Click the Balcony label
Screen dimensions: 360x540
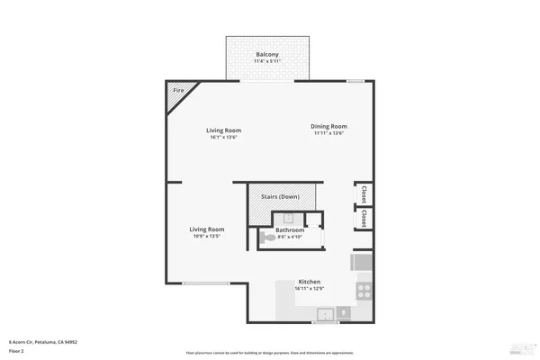tap(267, 55)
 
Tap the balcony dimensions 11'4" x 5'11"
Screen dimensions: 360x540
tap(267, 61)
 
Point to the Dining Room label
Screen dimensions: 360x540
tap(328, 126)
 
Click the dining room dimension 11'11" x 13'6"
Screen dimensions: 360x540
tap(328, 133)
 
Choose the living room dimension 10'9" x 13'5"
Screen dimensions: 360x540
tap(206, 236)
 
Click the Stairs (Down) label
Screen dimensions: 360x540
tap(280, 196)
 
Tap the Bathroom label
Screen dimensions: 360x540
tap(290, 229)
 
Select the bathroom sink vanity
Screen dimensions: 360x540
tap(290, 217)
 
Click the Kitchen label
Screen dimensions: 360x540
tap(310, 282)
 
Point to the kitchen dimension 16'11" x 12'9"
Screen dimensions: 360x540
tap(310, 289)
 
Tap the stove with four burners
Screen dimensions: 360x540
tap(364, 292)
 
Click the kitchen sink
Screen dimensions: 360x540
tap(325, 314)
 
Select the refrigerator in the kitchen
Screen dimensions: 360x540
tap(362, 263)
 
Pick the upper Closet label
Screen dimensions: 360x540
tap(363, 193)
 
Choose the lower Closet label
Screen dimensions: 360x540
tap(363, 219)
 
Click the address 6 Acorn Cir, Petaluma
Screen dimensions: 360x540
tap(42, 342)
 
